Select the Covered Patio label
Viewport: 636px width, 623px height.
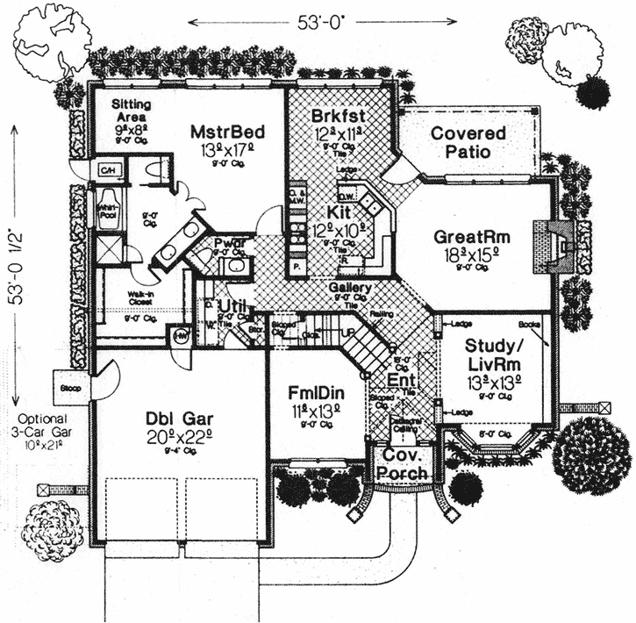[x=468, y=143]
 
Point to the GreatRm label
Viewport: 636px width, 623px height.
[x=473, y=237]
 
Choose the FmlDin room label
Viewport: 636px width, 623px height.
[x=317, y=389]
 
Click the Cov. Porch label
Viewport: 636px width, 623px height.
[x=403, y=466]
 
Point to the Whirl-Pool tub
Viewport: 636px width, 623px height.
[x=108, y=211]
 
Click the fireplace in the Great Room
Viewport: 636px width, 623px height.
[x=561, y=238]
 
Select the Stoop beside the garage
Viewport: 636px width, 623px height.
[x=70, y=386]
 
